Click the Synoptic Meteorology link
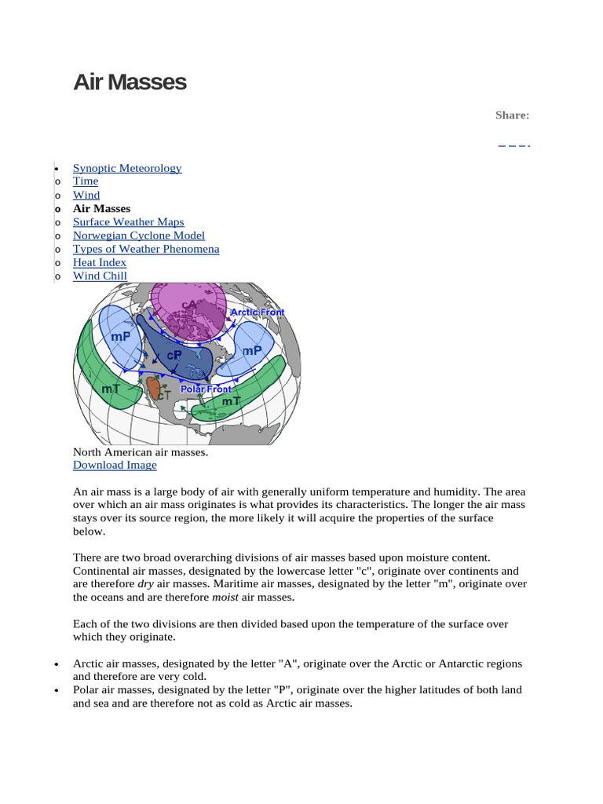(127, 168)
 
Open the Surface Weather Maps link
(128, 222)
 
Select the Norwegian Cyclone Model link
(138, 236)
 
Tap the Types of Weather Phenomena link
(146, 249)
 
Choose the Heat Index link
(100, 262)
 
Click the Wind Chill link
(100, 276)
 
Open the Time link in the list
(86, 181)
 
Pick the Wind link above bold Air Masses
(86, 195)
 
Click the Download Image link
(115, 465)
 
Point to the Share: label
(512, 115)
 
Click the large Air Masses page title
(130, 82)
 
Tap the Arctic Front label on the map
(257, 312)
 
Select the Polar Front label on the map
(206, 389)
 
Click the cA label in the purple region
(189, 305)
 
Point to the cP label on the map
(174, 355)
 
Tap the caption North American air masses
(141, 452)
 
